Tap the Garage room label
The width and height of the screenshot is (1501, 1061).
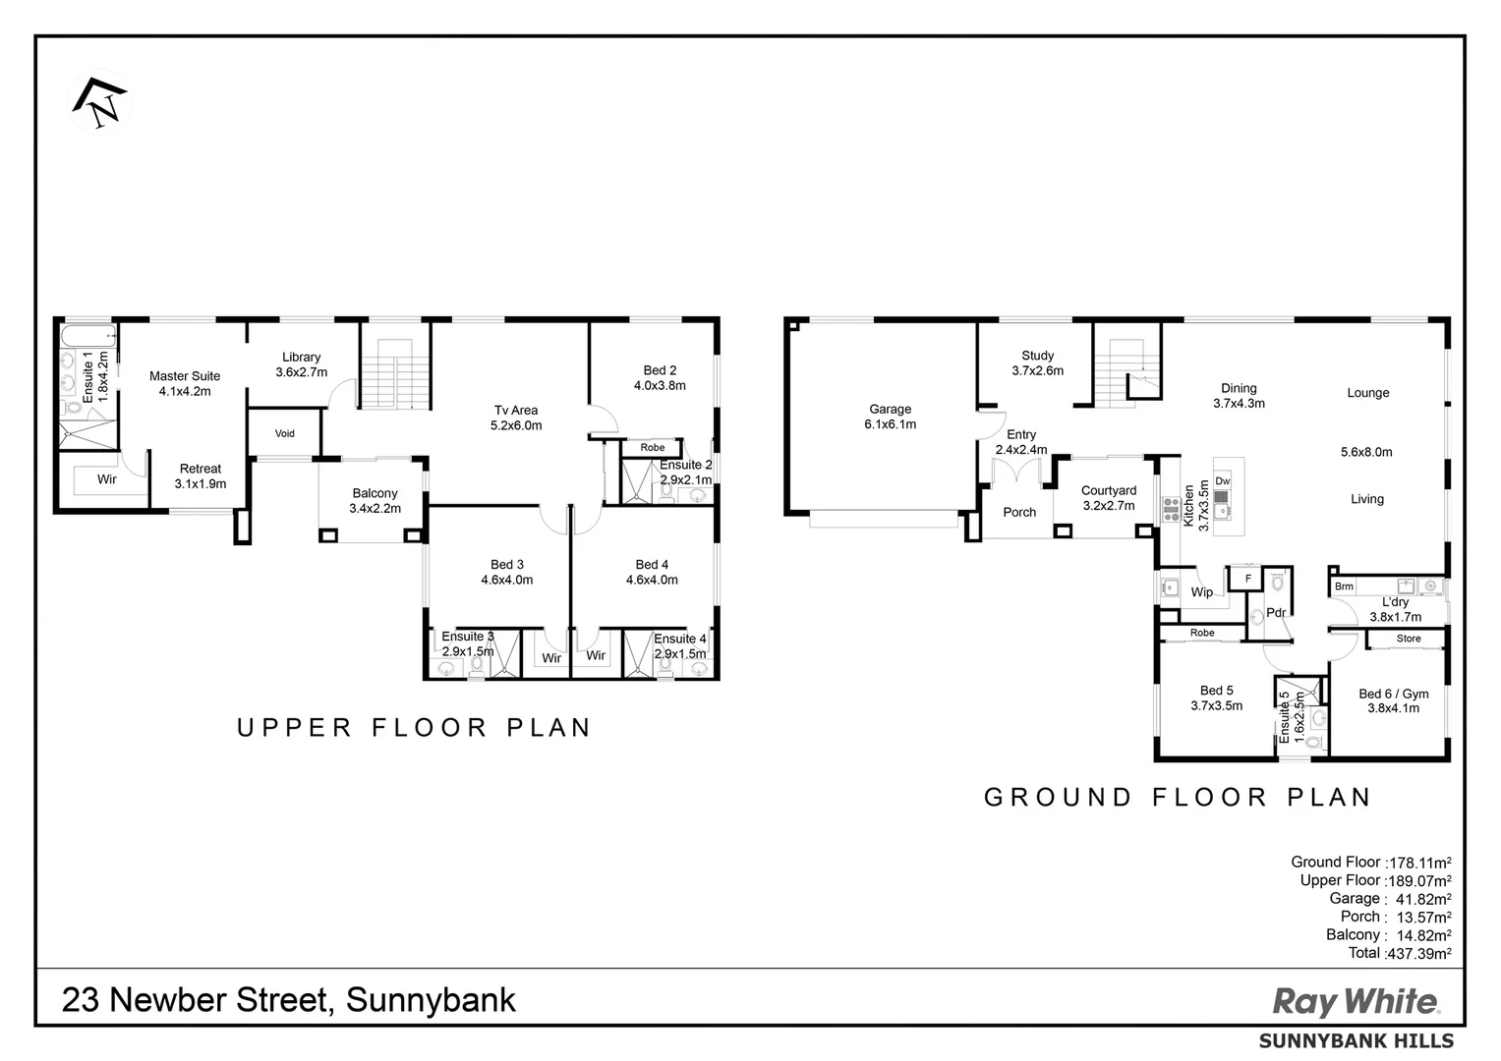click(890, 410)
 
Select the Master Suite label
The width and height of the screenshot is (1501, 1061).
click(185, 376)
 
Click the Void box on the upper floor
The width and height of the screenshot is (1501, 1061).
click(284, 433)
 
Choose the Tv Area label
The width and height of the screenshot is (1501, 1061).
click(516, 411)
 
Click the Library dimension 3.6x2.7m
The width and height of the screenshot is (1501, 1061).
click(301, 372)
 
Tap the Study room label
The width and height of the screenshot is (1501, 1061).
click(1037, 356)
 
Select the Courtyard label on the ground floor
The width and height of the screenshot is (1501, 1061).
click(1108, 490)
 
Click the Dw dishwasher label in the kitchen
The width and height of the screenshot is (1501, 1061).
click(1222, 481)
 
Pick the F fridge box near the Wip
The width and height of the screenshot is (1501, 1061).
click(1248, 579)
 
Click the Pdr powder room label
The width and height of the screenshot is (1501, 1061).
click(1276, 613)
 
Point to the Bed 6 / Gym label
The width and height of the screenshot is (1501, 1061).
click(1393, 694)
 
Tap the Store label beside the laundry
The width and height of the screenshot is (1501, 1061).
click(1408, 639)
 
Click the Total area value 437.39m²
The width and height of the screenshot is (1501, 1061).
click(1417, 953)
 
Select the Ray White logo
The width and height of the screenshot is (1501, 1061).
click(1356, 1002)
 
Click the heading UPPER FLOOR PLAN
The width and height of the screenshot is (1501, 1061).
click(414, 728)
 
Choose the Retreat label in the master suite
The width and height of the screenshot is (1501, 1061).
click(201, 469)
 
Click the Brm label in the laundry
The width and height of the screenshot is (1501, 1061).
click(1344, 586)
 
